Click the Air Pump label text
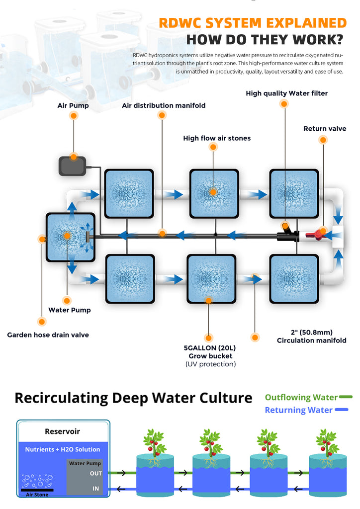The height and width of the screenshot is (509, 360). point(73,105)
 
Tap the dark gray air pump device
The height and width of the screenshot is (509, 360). point(74,166)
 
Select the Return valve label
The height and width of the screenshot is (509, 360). point(324,129)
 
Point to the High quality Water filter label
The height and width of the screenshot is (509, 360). point(286,93)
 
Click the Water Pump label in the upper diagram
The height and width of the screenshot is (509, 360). point(69,310)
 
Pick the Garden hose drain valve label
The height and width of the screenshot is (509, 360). point(48,335)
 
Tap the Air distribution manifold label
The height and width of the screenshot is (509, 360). point(164,105)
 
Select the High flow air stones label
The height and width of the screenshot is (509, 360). point(217,138)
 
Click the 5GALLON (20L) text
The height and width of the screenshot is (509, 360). point(208,348)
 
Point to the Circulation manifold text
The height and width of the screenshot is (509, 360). point(311,340)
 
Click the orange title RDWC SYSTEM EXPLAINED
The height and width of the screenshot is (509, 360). point(252,23)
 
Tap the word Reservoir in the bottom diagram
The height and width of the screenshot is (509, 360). point(62,431)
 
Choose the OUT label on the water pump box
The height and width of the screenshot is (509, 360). point(95,473)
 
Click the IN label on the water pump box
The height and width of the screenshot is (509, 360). point(95,489)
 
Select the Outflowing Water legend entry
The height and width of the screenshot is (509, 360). point(301,397)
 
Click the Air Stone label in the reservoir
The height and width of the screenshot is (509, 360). point(40,495)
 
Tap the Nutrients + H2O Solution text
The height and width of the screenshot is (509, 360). point(63,449)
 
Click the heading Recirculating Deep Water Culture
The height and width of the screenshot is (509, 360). point(133,398)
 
